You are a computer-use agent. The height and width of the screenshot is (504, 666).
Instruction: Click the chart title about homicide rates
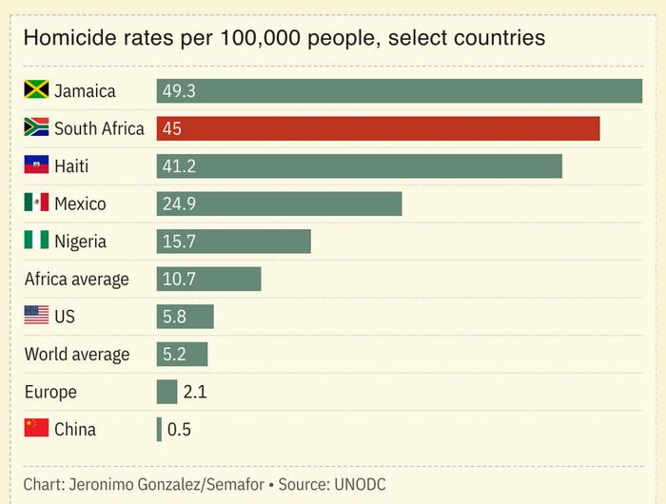[x=284, y=38]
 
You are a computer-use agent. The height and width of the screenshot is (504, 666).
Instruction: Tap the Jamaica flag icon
[x=36, y=91]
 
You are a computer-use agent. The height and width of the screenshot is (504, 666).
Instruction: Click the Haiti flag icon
[x=36, y=166]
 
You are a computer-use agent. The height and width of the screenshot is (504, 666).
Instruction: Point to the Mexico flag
[x=36, y=204]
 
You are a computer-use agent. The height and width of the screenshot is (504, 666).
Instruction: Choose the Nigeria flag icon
[x=36, y=242]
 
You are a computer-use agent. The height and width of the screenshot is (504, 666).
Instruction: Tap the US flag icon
[x=36, y=317]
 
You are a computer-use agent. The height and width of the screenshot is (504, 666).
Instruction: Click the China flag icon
[x=36, y=429]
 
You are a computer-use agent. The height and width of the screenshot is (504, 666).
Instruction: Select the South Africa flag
[x=36, y=128]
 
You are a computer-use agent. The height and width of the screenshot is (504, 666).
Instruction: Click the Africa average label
[x=76, y=279]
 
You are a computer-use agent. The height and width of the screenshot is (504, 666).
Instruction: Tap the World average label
[x=76, y=354]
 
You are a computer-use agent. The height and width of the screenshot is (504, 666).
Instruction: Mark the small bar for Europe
[x=166, y=392]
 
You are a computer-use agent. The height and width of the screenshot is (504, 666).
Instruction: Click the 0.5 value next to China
[x=179, y=429]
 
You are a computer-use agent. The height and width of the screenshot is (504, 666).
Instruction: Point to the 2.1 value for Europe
[x=195, y=392]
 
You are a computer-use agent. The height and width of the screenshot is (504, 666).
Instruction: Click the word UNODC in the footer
[x=360, y=484]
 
